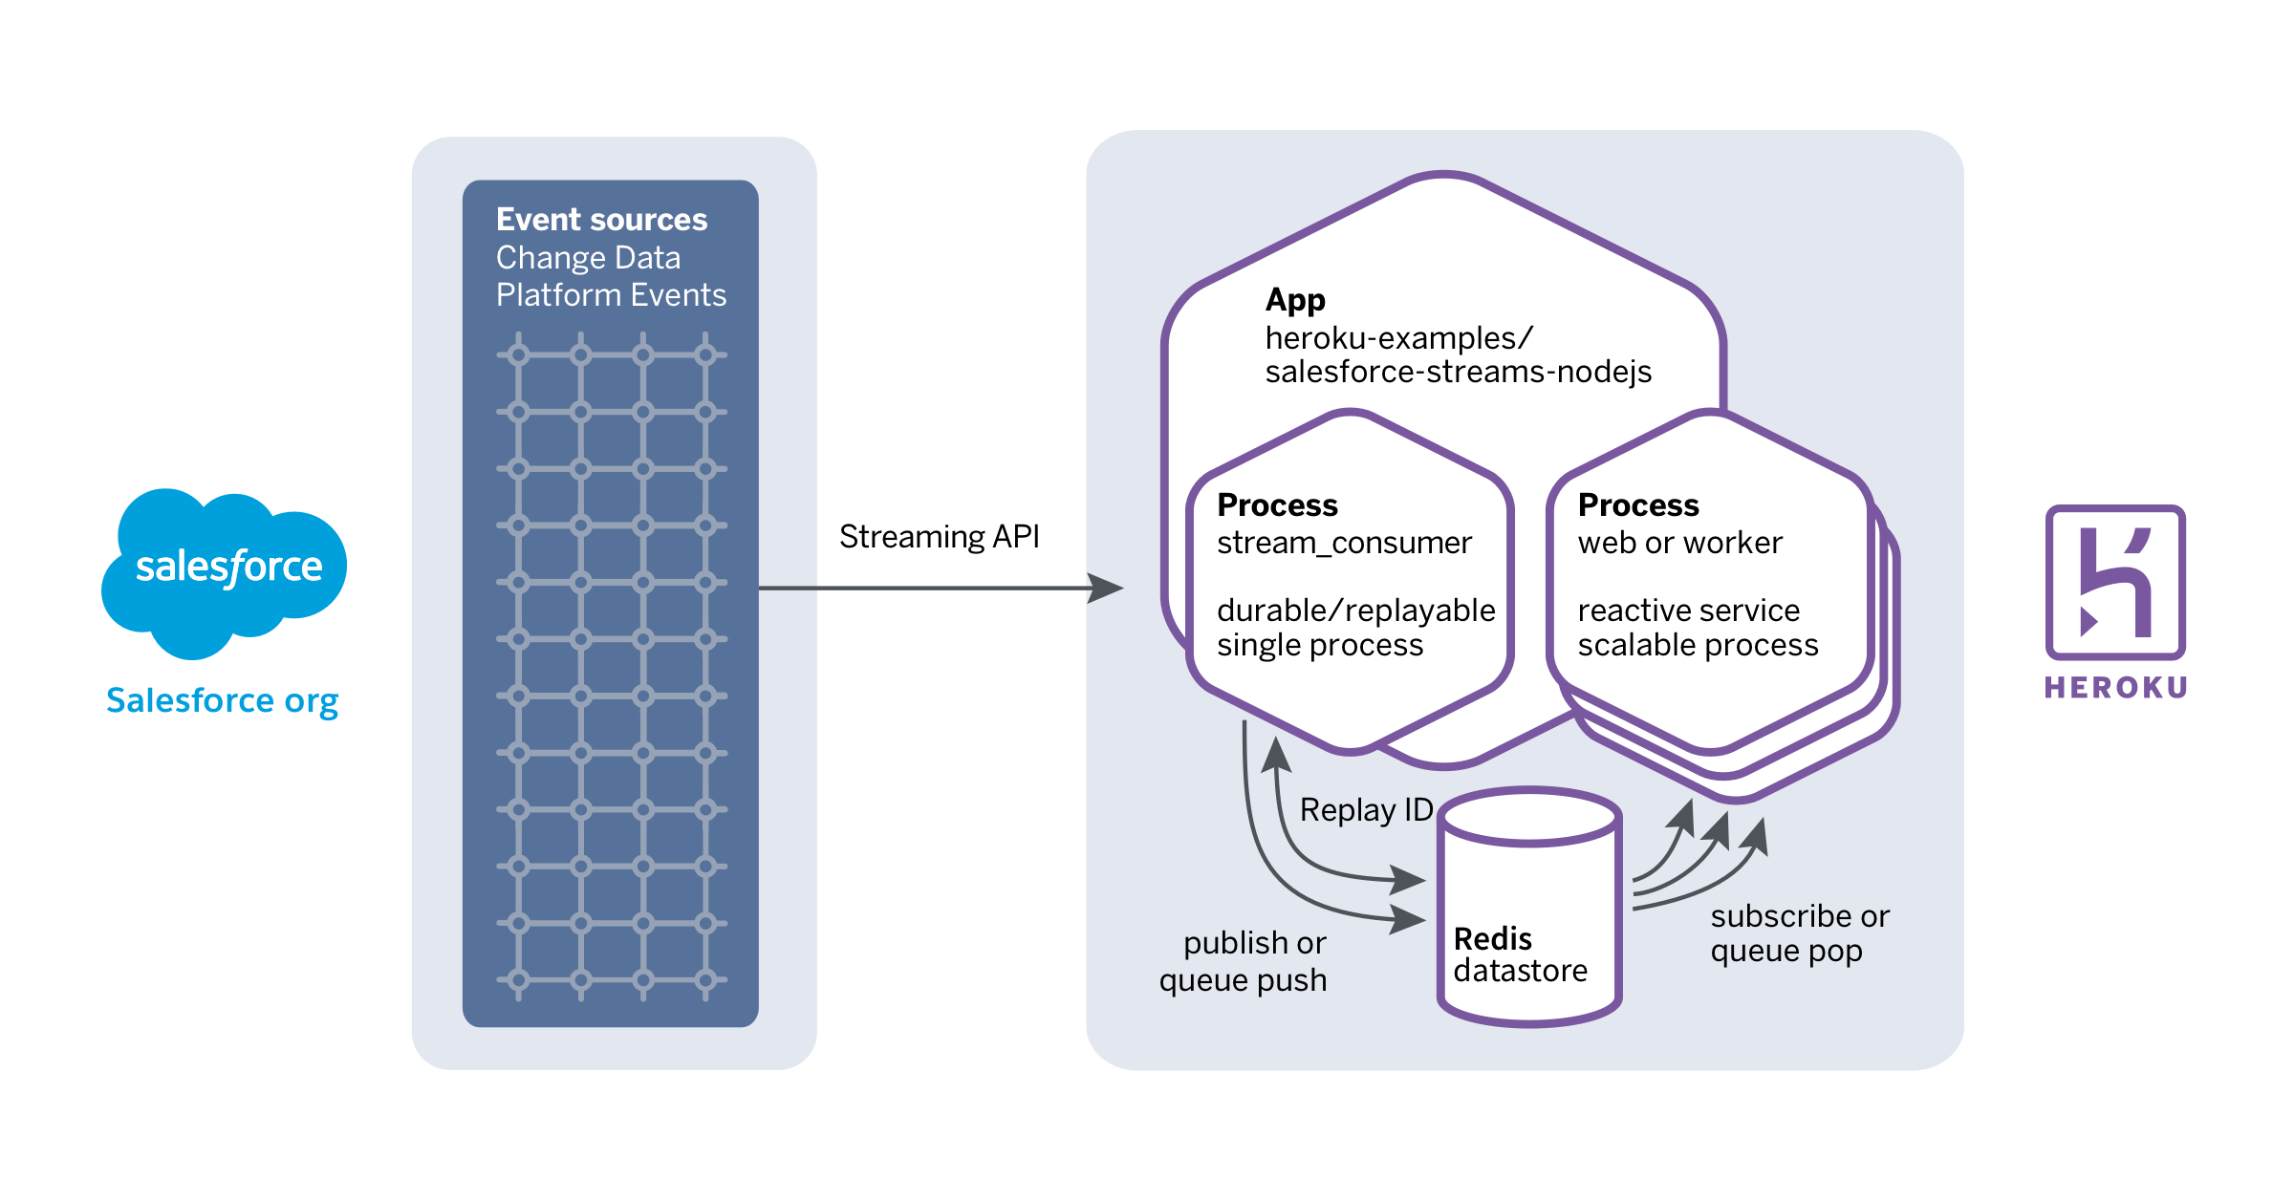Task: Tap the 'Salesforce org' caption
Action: point(222,700)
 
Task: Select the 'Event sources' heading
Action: point(601,220)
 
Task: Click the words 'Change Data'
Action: point(588,258)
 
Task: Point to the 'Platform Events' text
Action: point(611,295)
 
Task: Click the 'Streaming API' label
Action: point(939,537)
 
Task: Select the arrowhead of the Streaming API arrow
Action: point(1106,588)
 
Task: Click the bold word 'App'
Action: point(1295,300)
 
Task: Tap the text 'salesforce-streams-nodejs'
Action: point(1458,372)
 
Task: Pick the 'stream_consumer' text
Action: point(1344,543)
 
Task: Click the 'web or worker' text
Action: point(1679,543)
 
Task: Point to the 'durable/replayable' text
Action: point(1355,611)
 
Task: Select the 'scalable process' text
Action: point(1698,646)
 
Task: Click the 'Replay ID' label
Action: point(1366,810)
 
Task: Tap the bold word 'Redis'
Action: point(1492,939)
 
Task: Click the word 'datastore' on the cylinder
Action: point(1520,972)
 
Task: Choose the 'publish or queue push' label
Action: point(1244,962)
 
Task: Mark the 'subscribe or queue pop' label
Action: point(1799,933)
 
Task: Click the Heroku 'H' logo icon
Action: point(2115,582)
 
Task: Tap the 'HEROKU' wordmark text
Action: point(2115,688)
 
